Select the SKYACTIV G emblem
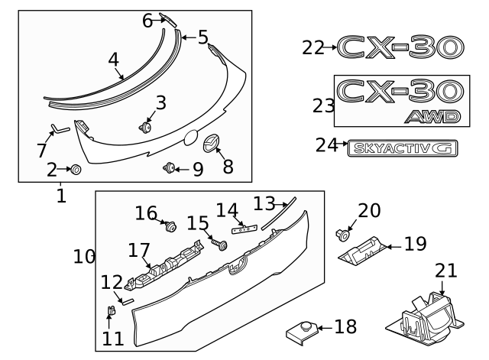tap(400, 147)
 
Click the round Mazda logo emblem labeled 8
tap(210, 144)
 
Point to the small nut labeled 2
tap(75, 169)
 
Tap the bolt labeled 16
tap(170, 225)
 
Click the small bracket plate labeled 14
tap(244, 227)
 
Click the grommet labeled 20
tap(341, 235)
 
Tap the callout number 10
tap(84, 256)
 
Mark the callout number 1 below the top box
tap(61, 196)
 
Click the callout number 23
tap(324, 105)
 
